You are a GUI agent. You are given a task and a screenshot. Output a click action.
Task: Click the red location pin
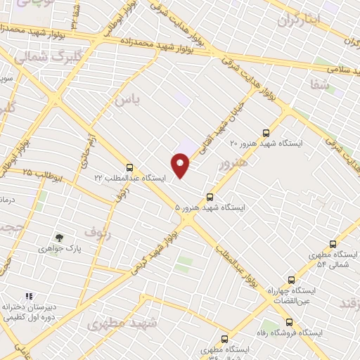181,166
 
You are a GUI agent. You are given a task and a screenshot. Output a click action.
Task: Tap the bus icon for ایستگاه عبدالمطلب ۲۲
129,167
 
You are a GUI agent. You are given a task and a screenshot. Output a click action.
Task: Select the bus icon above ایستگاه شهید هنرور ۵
210,197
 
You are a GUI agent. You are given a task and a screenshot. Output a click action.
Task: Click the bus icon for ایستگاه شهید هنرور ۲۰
265,132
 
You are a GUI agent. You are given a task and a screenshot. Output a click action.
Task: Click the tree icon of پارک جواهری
59,238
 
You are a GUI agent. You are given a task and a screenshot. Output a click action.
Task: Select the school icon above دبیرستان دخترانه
29,297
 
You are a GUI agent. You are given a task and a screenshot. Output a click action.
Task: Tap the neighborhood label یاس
127,101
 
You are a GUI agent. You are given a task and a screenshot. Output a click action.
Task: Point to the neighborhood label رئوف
97,231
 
